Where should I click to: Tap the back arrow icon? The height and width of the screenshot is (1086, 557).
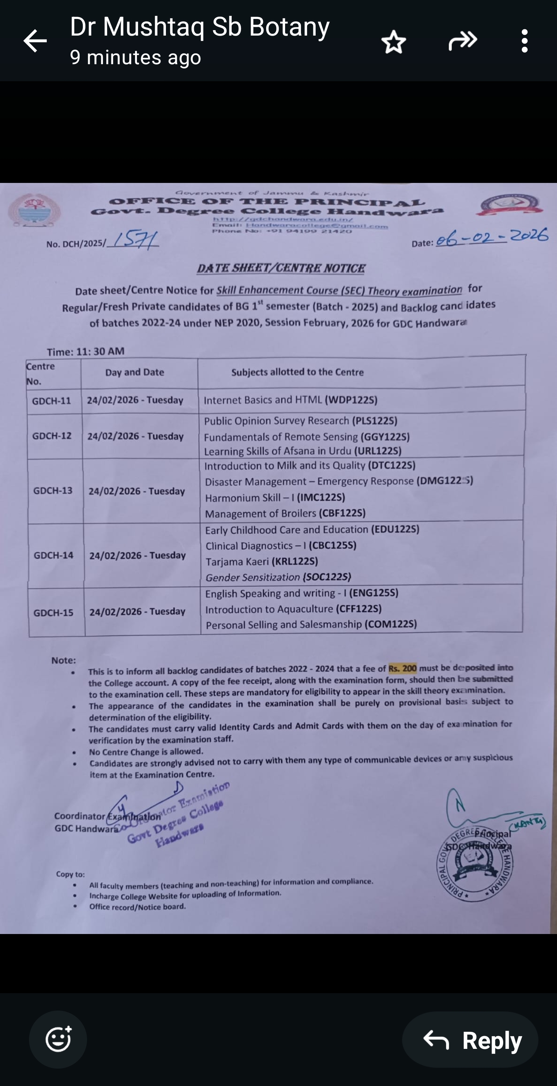(x=34, y=41)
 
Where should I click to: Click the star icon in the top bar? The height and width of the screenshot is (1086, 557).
(x=393, y=42)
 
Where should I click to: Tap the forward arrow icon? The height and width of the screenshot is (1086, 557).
(x=463, y=41)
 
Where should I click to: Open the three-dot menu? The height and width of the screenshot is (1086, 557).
(x=524, y=41)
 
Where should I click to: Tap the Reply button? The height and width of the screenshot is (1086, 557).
(x=470, y=1040)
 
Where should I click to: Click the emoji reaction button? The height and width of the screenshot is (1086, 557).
(x=58, y=1039)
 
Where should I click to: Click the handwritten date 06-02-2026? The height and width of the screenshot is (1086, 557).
(x=492, y=237)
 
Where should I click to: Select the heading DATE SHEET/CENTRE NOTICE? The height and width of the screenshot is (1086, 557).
(x=281, y=268)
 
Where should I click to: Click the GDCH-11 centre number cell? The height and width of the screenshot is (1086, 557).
(x=52, y=401)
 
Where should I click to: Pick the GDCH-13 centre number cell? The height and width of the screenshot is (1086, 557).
(x=53, y=491)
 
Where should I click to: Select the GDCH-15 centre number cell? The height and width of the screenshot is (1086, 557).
(x=53, y=613)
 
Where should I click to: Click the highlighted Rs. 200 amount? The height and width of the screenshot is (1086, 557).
(x=402, y=668)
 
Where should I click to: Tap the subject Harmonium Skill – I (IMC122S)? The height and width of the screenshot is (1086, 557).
(x=275, y=497)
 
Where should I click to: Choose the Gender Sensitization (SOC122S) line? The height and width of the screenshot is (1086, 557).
(x=278, y=577)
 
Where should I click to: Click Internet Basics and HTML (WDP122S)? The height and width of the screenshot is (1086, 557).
(x=290, y=400)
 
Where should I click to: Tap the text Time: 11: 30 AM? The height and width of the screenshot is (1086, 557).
(x=85, y=351)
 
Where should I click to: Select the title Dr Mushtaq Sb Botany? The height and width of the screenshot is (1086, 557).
(x=200, y=27)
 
